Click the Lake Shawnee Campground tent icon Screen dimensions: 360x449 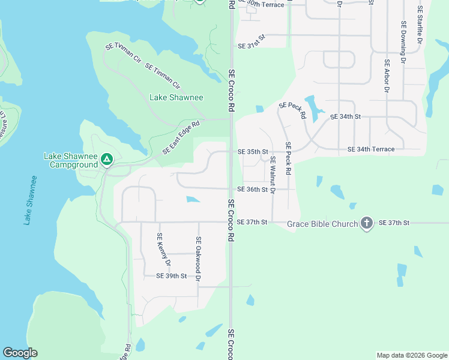tap(106, 160)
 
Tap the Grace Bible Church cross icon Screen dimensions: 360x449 tap(367, 224)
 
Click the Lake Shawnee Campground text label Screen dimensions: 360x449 tap(71, 160)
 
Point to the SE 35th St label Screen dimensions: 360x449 tap(252, 152)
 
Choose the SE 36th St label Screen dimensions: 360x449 tap(252, 189)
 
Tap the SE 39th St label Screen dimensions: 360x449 tap(172, 276)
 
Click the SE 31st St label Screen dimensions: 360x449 tap(251, 45)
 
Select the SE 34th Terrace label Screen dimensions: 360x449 tap(371, 149)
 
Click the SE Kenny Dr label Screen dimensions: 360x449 tap(163, 250)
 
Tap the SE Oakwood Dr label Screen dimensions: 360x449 tap(198, 259)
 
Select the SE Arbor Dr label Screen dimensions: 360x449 tap(387, 77)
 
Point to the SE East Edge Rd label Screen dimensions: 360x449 tap(181, 137)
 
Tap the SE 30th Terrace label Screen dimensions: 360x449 tap(261, 4)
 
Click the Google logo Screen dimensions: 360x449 tap(20, 353)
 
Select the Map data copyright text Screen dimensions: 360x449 tap(412, 355)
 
